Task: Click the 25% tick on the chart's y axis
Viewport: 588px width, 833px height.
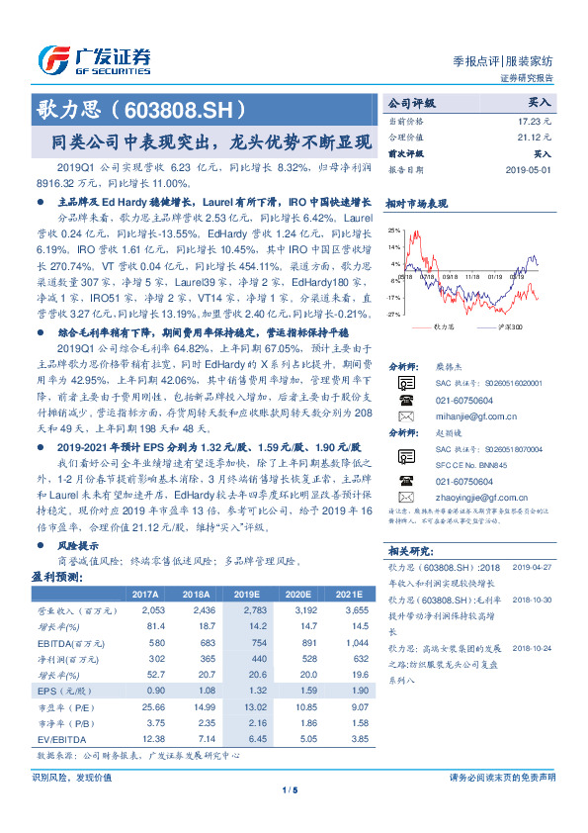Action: click(x=394, y=230)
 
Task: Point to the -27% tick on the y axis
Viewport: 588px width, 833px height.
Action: click(x=393, y=313)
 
